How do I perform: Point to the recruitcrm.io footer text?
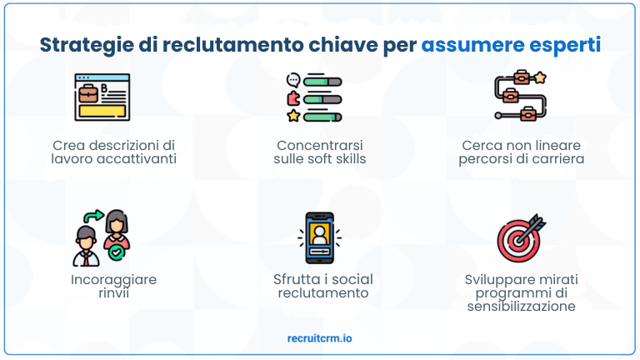[x=319, y=338]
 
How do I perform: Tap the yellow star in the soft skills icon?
[x=292, y=115]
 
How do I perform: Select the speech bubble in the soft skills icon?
[x=292, y=81]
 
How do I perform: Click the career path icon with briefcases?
[x=519, y=97]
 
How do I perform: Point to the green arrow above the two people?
[x=93, y=216]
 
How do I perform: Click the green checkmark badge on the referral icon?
[x=117, y=250]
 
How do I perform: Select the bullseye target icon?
[x=519, y=237]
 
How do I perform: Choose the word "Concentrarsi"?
[x=320, y=145]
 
